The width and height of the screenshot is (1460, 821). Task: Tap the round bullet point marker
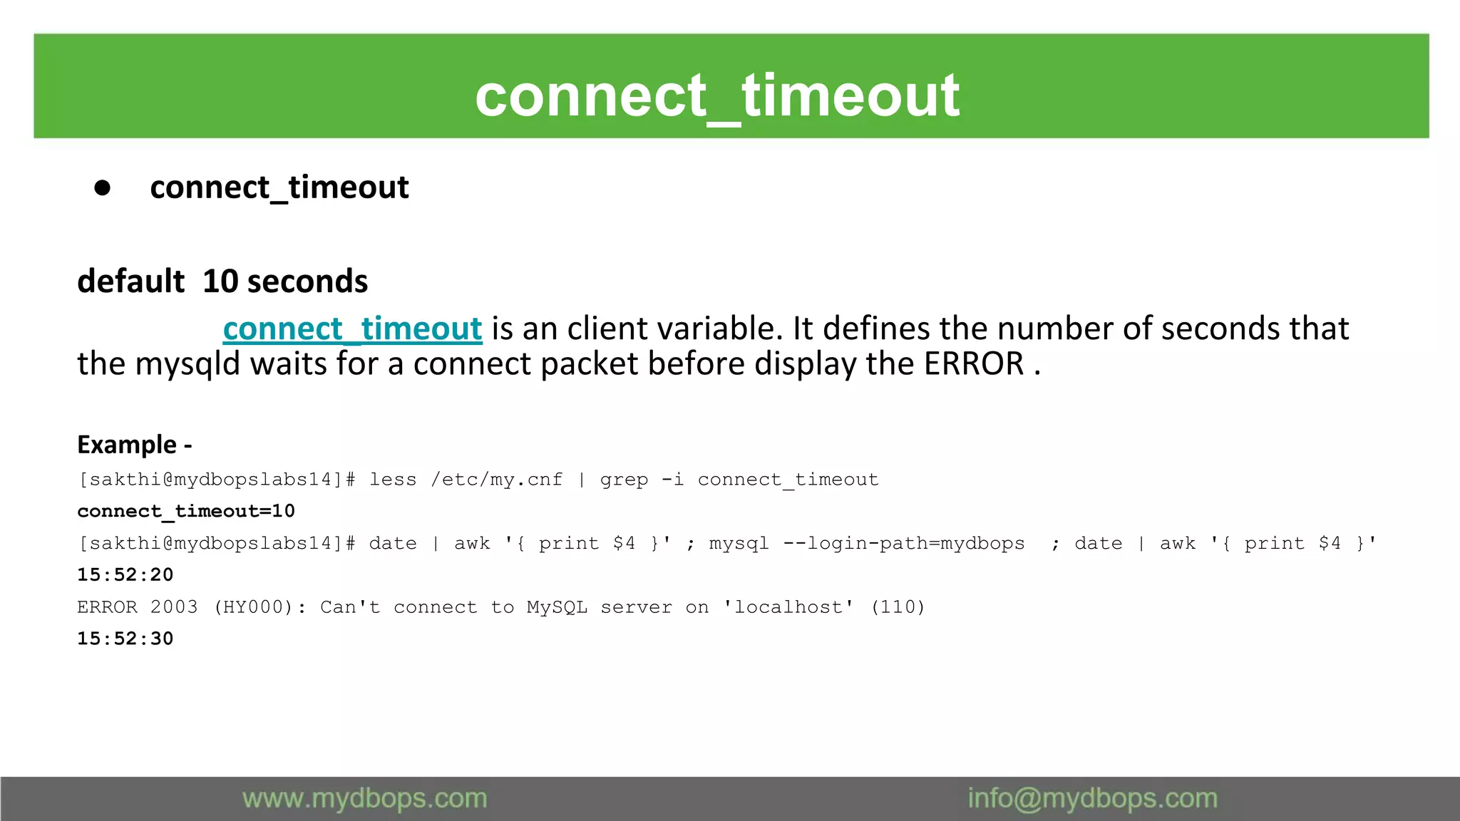[103, 188]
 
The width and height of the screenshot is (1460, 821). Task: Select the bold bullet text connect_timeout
[279, 188]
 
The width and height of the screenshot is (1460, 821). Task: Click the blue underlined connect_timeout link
[352, 329]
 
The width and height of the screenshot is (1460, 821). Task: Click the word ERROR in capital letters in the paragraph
[974, 364]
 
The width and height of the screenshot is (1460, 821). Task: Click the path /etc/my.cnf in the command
[496, 480]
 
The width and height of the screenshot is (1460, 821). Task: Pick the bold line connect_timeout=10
[186, 511]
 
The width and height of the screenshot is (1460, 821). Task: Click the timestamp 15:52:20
[125, 575]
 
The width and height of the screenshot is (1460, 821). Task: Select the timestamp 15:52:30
[125, 639]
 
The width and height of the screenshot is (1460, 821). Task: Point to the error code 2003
[173, 607]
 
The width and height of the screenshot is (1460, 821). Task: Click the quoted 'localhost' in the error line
[788, 607]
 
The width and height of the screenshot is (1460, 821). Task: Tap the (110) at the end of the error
[898, 607]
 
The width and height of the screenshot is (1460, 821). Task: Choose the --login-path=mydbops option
[903, 544]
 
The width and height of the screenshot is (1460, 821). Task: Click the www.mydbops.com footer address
[364, 799]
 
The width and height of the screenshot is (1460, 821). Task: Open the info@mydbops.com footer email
[1092, 799]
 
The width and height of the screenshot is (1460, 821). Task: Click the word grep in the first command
[624, 480]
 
